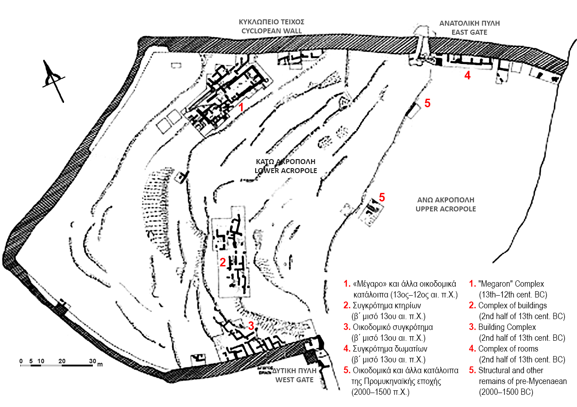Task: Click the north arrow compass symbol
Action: pos(54,80)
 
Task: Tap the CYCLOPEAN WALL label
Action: pos(271,31)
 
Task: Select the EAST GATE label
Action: pos(469,32)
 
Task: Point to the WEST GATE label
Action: pos(294,380)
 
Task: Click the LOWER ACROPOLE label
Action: pos(286,170)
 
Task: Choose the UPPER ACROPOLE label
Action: pos(446,209)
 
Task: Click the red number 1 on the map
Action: pos(241,107)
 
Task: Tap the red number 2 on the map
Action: pos(223,262)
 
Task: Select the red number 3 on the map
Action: pos(251,326)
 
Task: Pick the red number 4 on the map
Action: pos(467,75)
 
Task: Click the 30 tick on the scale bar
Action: pos(92,361)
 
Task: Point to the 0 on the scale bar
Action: pos(21,361)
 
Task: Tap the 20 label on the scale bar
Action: pos(62,361)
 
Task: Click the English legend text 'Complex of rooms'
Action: pos(508,349)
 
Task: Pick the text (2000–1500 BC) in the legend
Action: pos(506,392)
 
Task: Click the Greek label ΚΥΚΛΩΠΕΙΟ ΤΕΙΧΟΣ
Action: pos(271,22)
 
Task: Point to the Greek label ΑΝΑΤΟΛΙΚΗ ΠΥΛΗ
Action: pos(469,23)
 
